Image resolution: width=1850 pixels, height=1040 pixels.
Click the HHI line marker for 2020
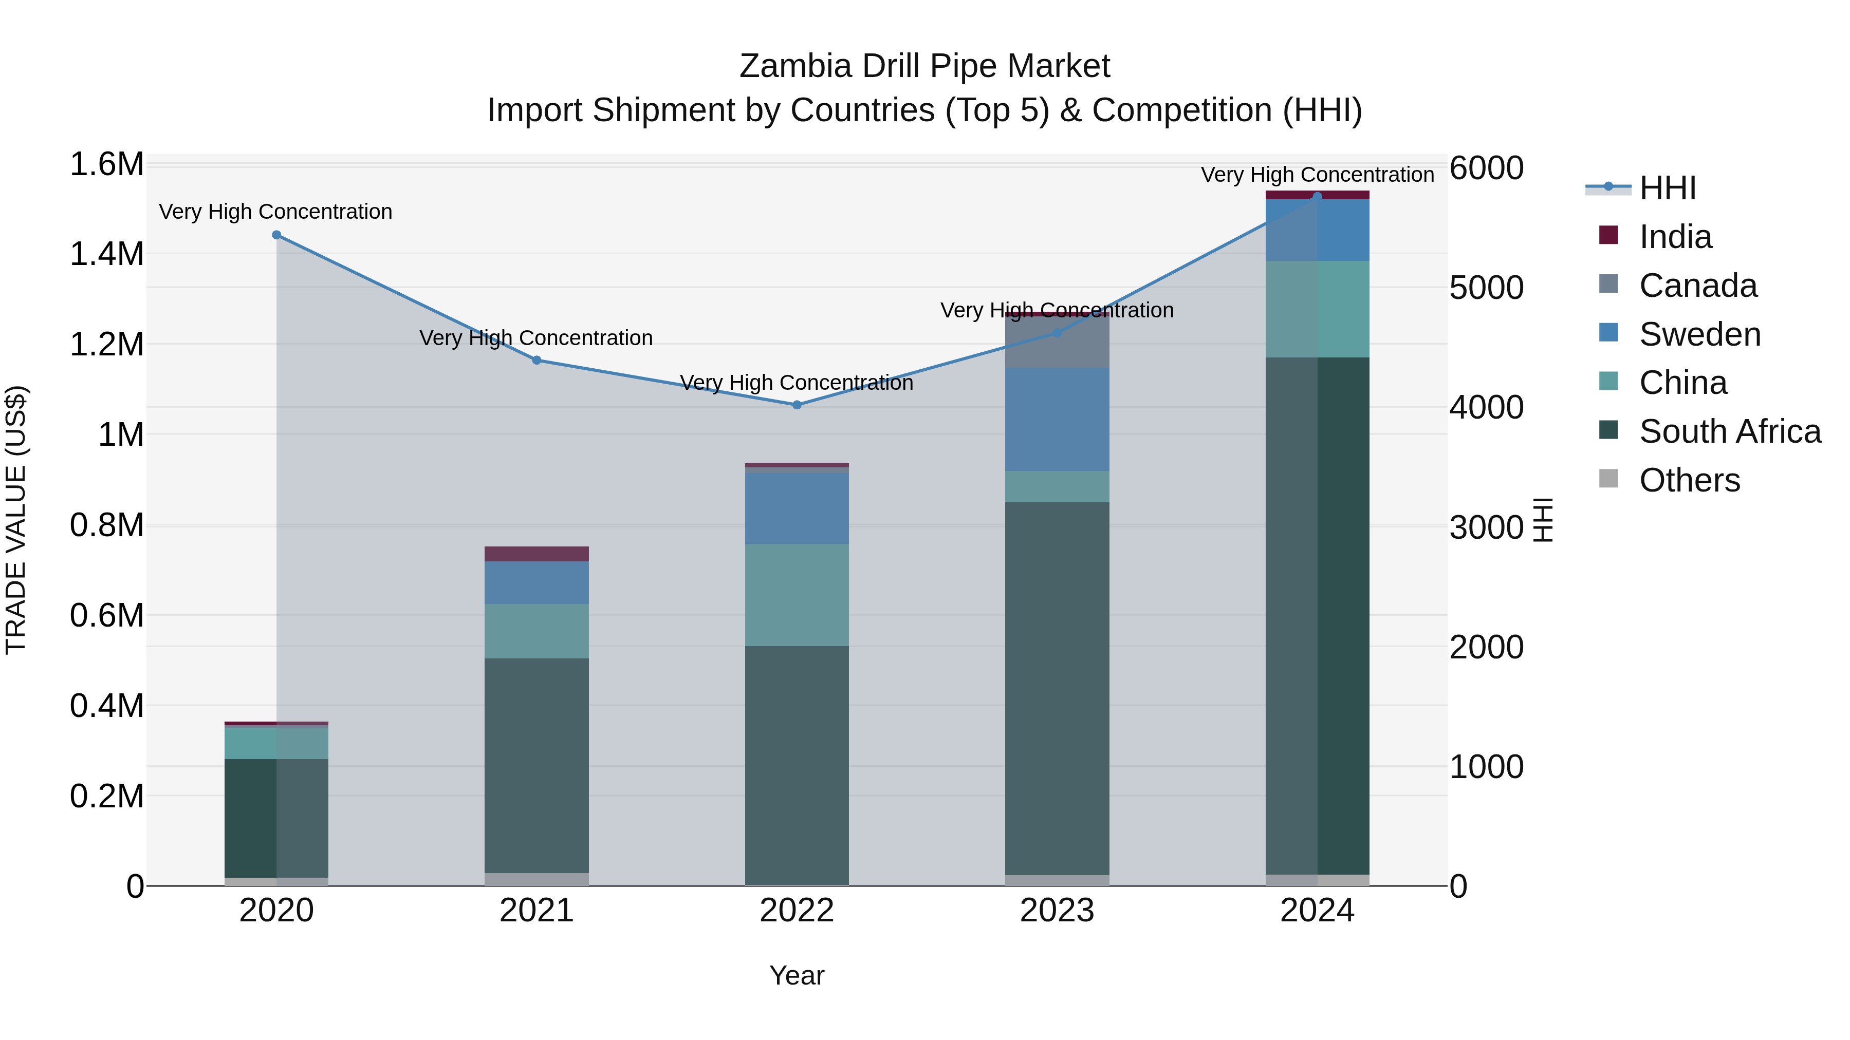[x=276, y=235]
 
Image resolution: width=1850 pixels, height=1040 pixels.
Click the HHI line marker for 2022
[x=797, y=405]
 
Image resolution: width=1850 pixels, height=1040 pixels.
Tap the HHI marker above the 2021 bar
[x=536, y=361]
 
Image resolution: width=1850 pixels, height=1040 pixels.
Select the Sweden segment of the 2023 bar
[x=1057, y=420]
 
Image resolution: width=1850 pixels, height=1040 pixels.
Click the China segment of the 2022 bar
[x=797, y=595]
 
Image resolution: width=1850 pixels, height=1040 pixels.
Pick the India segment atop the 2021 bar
[x=536, y=554]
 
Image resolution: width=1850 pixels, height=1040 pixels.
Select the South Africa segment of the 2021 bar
[x=536, y=765]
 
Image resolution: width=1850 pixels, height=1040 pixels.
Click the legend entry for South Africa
[x=1729, y=431]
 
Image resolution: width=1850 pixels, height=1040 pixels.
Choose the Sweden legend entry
[x=1699, y=334]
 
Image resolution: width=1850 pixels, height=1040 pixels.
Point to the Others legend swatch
[x=1608, y=479]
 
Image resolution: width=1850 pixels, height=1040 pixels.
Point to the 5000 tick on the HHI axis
[x=1485, y=288]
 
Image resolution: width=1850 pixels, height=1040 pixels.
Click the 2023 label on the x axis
[x=1057, y=911]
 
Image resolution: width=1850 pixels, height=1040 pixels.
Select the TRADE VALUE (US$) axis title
[x=16, y=520]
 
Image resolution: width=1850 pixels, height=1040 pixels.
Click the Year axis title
[x=797, y=975]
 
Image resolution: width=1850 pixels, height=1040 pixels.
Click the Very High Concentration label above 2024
[x=1317, y=175]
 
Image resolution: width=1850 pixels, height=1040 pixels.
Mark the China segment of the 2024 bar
[x=1317, y=309]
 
